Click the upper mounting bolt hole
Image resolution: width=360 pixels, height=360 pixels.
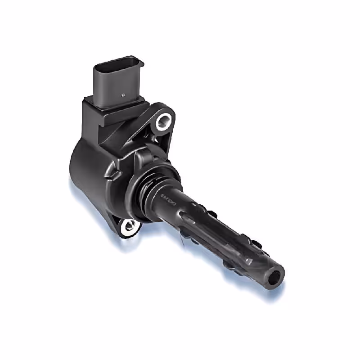pyautogui.click(x=164, y=120)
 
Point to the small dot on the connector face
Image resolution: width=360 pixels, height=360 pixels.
pyautogui.click(x=123, y=95)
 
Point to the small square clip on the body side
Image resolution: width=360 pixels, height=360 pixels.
pyautogui.click(x=116, y=172)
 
